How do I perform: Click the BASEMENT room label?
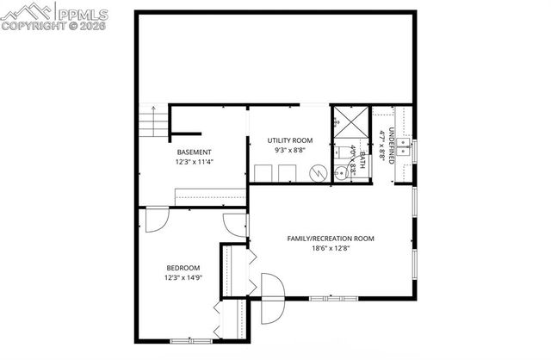coord(195,152)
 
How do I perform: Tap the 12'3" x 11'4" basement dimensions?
coord(195,161)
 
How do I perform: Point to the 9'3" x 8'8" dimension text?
coord(288,150)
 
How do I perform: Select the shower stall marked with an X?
coord(350,121)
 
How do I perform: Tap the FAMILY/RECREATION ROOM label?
coord(331,239)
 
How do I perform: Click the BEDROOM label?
coord(183,268)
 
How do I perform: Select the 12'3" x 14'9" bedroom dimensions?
coord(183,277)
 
